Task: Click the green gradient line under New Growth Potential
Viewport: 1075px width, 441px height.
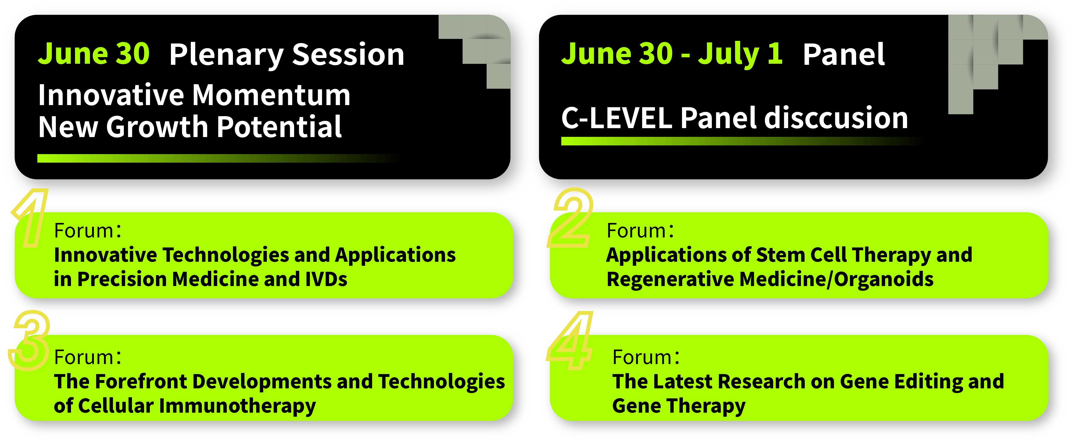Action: pos(219,158)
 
